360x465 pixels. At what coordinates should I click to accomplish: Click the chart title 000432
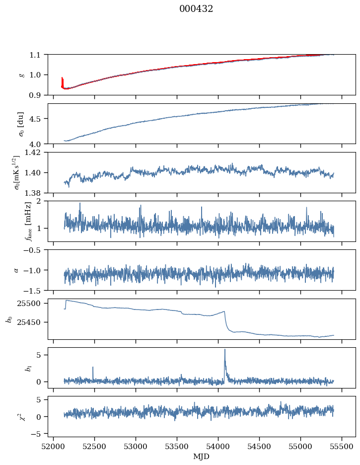pos(196,9)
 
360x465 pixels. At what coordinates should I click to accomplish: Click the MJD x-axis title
pos(202,457)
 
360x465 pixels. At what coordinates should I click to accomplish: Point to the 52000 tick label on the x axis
pos(53,447)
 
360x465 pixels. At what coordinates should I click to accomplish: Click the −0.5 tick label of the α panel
pos(34,250)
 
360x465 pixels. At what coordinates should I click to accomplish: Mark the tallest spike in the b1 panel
pos(225,350)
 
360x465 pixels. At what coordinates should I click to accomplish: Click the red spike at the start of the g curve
pos(62,79)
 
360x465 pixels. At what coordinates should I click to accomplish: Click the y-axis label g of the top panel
pos(21,75)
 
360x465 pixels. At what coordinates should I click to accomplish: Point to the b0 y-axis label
pos(8,319)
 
